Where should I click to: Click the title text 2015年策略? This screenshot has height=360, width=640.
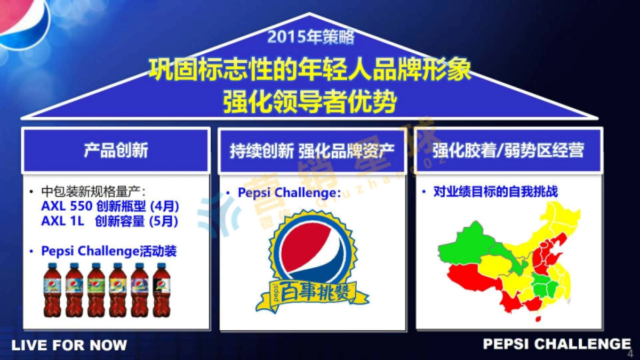tap(310, 37)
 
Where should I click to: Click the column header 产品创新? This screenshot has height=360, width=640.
tap(116, 150)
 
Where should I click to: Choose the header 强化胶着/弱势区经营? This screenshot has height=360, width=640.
tap(508, 150)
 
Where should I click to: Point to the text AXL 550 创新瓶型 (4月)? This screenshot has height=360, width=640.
tap(110, 207)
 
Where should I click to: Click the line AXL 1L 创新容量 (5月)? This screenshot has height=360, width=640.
tap(110, 221)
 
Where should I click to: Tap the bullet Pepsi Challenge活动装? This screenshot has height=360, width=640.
tap(109, 251)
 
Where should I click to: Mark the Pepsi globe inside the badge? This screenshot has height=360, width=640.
tap(312, 251)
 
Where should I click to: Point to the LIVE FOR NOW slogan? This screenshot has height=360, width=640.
tap(69, 345)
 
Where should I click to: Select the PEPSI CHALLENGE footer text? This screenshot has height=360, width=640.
tap(557, 344)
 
